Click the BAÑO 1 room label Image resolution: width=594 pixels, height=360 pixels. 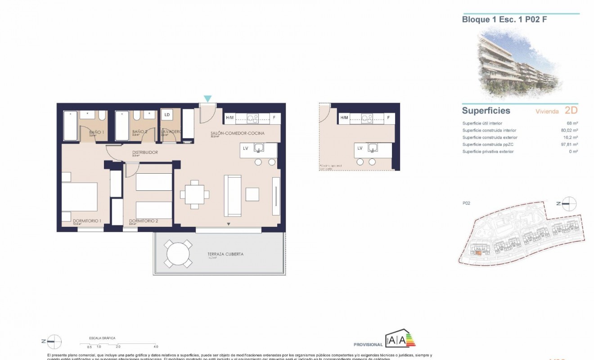point(96,132)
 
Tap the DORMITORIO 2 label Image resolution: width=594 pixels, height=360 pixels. point(143,221)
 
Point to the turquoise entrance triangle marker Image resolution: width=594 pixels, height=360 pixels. point(207,99)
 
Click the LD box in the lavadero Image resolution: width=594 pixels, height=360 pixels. point(167,115)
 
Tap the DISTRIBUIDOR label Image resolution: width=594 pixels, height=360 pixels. point(144,153)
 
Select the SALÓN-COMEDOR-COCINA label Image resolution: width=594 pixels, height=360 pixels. point(237,133)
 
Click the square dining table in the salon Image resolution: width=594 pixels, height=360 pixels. point(194,194)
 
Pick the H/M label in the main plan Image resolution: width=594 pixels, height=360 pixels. point(229,118)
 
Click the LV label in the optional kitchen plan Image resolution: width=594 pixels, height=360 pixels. point(360,148)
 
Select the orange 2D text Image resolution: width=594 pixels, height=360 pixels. point(571,111)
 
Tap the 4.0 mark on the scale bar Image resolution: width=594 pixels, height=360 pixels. point(156,346)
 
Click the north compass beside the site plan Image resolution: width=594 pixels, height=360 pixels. point(570,203)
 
